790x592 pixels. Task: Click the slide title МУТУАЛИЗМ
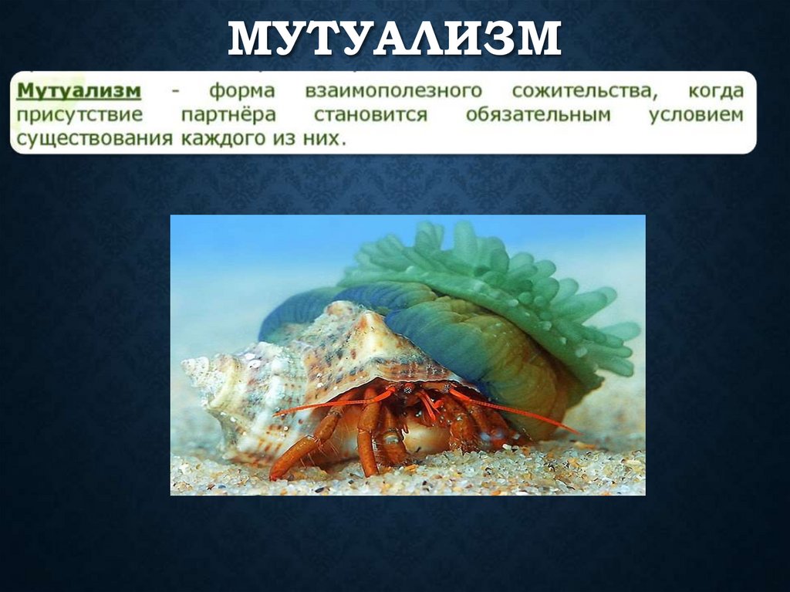pyautogui.click(x=394, y=39)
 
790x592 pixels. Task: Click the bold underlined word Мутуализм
pyautogui.click(x=79, y=91)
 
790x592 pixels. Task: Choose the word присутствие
pyautogui.click(x=79, y=116)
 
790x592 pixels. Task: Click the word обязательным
pyautogui.click(x=538, y=116)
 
